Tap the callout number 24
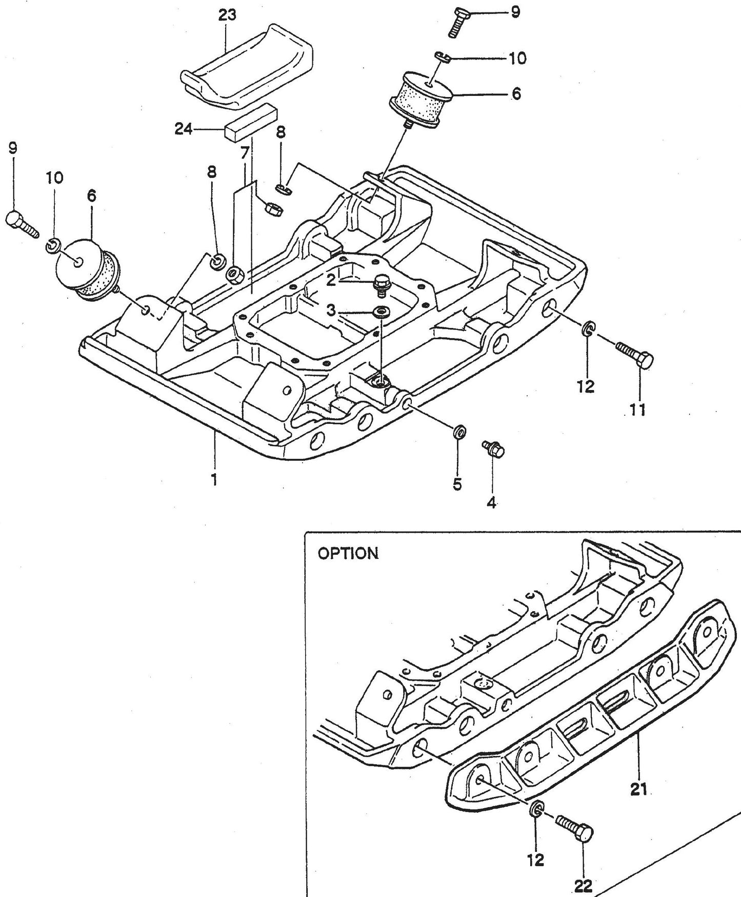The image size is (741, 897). click(183, 129)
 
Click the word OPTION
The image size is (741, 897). click(348, 554)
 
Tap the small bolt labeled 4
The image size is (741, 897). click(494, 449)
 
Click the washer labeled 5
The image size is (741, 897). click(459, 430)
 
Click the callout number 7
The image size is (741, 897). click(245, 152)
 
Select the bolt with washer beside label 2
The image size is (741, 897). click(381, 285)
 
